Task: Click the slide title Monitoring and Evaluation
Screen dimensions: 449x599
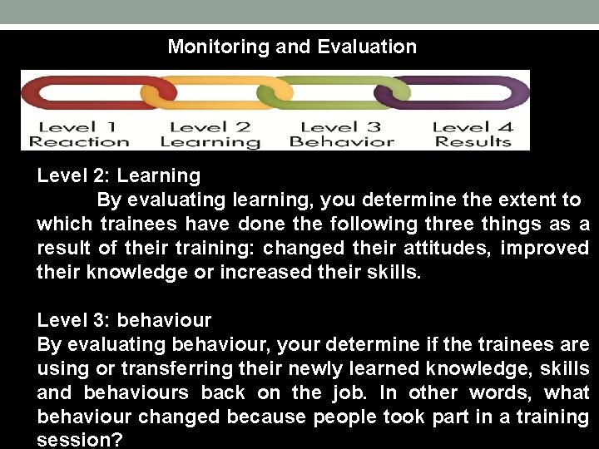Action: (x=292, y=47)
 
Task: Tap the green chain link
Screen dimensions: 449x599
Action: (x=333, y=92)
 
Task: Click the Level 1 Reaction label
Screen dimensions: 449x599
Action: (x=79, y=134)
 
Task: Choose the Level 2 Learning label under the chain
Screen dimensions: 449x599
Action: (x=210, y=134)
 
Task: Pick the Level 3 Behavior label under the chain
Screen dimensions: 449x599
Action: (x=341, y=134)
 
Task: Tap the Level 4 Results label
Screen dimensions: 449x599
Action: (x=472, y=134)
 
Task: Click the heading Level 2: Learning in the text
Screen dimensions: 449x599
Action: (x=118, y=175)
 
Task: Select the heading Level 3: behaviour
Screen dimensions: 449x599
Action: (x=124, y=320)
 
